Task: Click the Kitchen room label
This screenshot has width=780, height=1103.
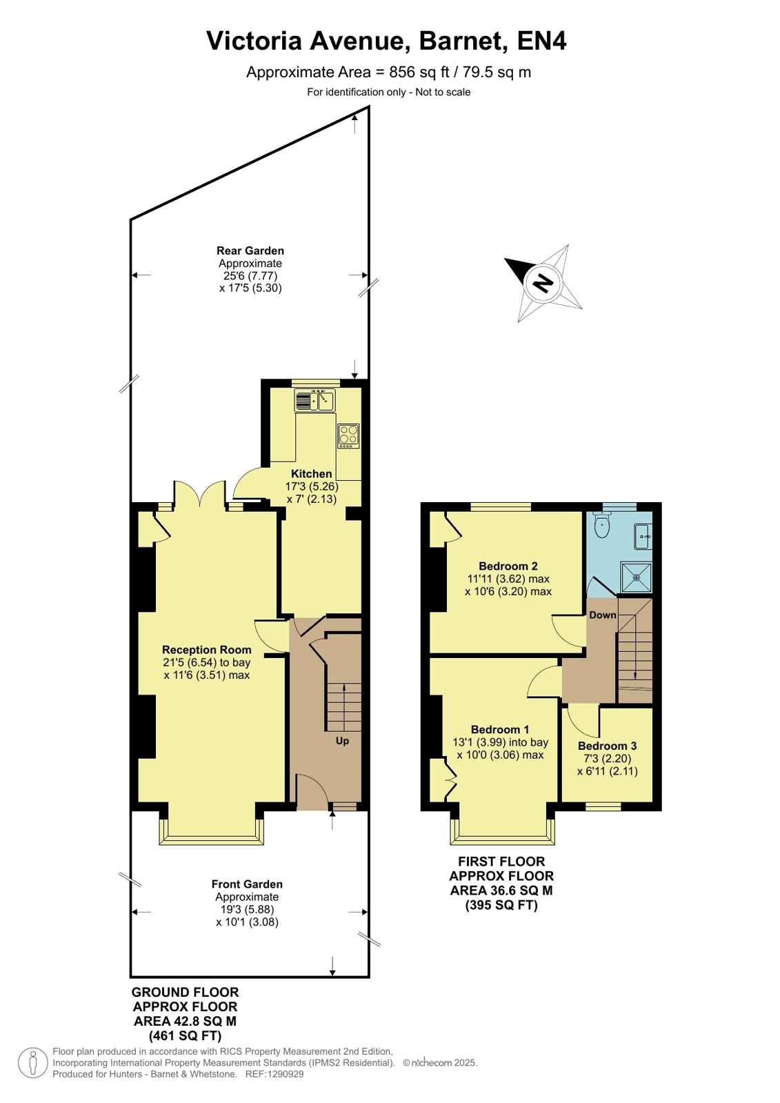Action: (311, 474)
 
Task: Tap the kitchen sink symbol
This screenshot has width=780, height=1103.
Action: (314, 400)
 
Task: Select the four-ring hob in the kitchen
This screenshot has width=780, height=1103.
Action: (348, 436)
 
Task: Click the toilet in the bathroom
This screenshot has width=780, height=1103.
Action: (602, 525)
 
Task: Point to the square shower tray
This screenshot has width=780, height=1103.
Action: (637, 577)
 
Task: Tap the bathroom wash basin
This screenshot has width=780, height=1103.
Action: (643, 536)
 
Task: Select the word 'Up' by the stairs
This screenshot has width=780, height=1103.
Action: (342, 741)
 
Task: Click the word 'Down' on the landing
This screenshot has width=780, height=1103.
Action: (603, 615)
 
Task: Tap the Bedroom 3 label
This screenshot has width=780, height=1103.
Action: (607, 746)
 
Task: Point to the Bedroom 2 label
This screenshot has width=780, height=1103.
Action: (508, 566)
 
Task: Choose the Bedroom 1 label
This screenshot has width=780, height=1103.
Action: (500, 729)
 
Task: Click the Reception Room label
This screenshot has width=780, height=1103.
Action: (207, 650)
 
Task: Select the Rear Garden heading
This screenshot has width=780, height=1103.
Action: (250, 250)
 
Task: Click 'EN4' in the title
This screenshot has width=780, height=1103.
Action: (541, 41)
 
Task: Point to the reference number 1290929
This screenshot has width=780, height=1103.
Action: (286, 1074)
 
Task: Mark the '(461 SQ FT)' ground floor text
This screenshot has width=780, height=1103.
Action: (185, 1035)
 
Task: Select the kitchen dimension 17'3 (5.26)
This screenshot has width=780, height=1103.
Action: (312, 486)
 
